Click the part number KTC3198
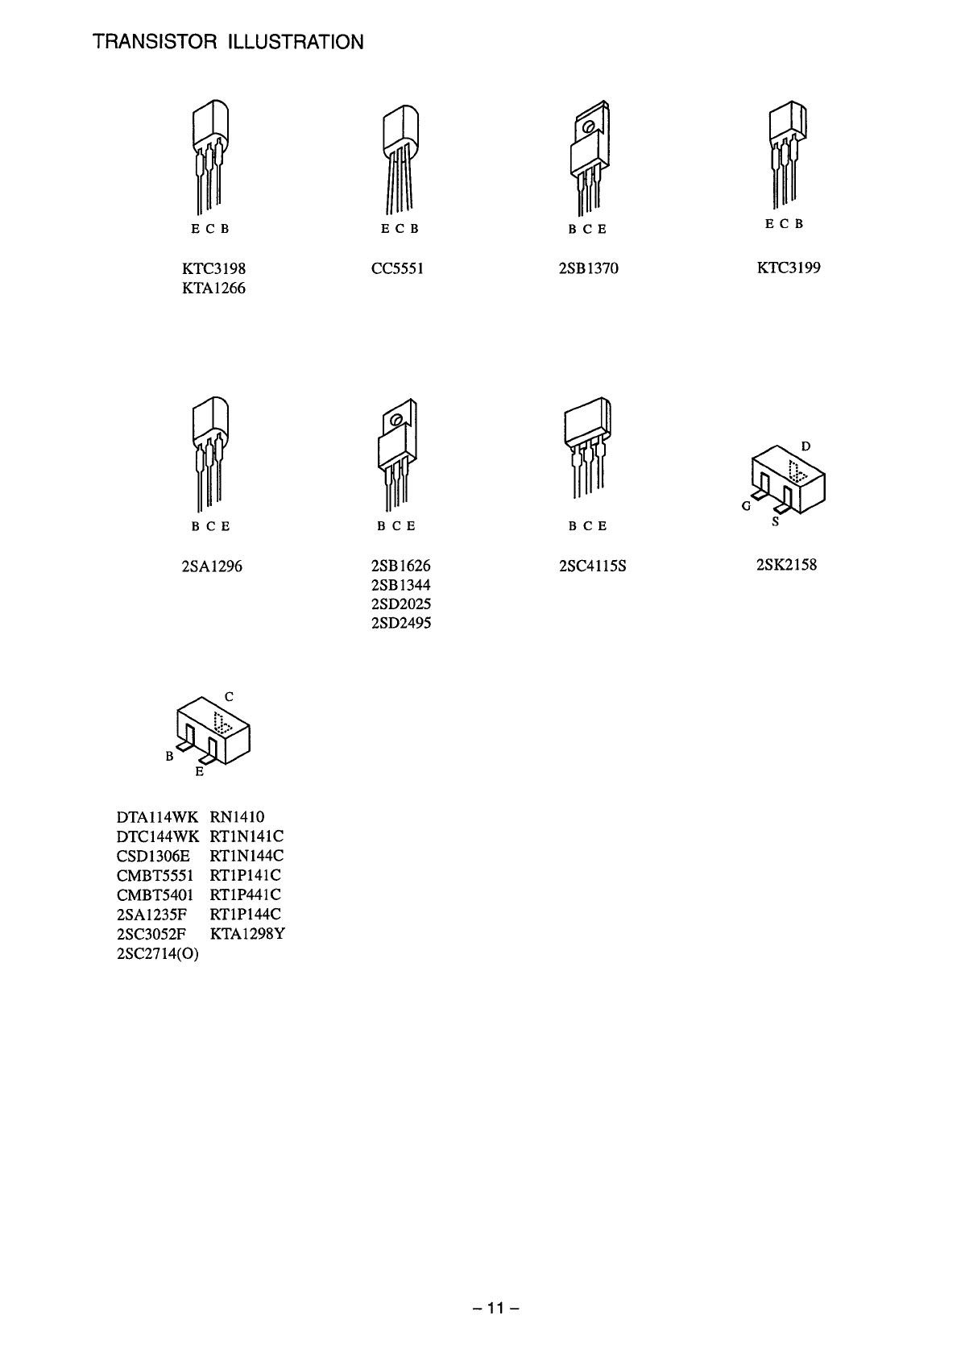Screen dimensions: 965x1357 point(213,268)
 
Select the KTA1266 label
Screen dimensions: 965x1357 point(213,288)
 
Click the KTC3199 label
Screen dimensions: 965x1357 point(788,268)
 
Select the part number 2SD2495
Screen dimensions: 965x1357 point(401,623)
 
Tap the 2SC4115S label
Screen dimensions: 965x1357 point(592,566)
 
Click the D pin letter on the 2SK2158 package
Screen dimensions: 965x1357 point(806,446)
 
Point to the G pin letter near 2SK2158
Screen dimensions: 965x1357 point(746,507)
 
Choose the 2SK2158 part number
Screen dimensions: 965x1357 point(786,565)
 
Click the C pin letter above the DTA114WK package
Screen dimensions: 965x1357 point(229,696)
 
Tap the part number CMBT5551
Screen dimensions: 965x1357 point(155,875)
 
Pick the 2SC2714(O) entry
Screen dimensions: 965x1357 point(158,954)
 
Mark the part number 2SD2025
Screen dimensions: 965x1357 point(401,604)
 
